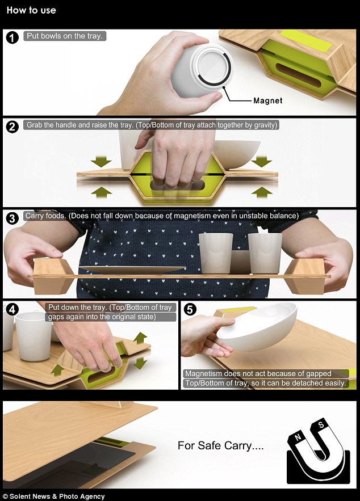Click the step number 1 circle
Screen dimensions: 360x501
coord(12,37)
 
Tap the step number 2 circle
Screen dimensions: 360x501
coord(12,127)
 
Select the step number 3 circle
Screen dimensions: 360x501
coord(12,218)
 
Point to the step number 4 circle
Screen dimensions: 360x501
coord(12,309)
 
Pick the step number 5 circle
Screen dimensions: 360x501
coord(190,309)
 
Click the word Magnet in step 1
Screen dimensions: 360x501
coord(268,100)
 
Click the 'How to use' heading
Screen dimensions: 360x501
coord(31,10)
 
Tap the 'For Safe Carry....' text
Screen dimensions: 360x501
coord(221,445)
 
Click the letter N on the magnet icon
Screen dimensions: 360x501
coord(298,437)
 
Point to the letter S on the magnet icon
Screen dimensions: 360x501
coord(321,425)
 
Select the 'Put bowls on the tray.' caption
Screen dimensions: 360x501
coord(65,36)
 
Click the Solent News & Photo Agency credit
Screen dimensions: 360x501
coord(54,496)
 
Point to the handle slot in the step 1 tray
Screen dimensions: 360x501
coord(298,75)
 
